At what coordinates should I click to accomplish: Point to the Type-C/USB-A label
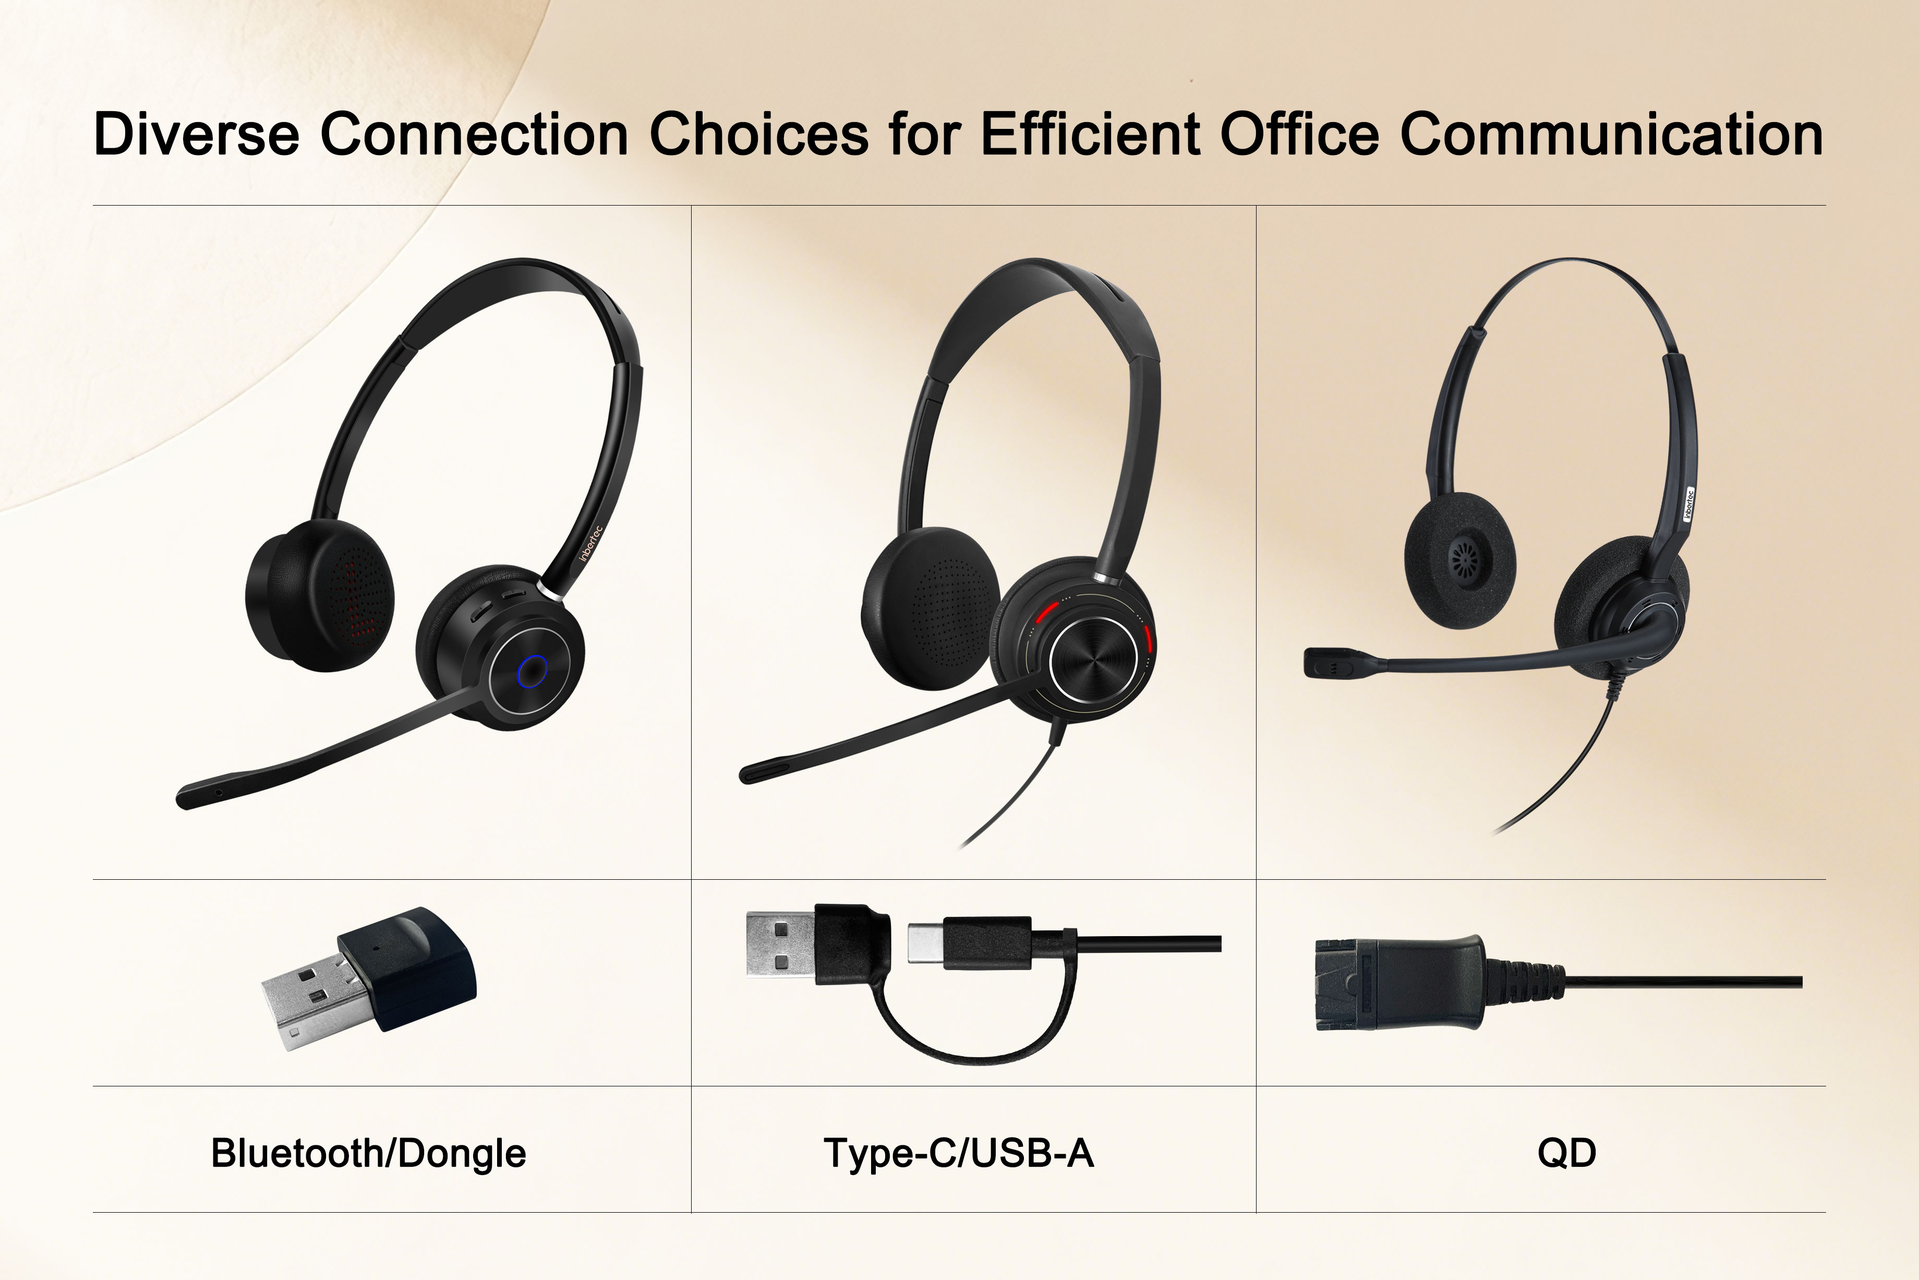click(959, 1153)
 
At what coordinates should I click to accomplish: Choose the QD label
click(1566, 1153)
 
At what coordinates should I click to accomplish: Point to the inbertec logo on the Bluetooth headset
click(590, 543)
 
